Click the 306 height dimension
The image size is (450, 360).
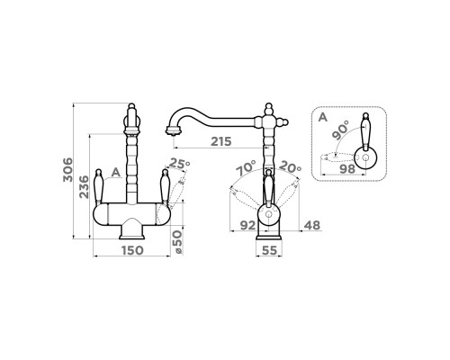tap(67, 169)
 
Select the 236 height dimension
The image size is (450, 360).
tap(84, 187)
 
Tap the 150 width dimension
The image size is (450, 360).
tap(131, 250)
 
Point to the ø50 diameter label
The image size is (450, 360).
tap(177, 242)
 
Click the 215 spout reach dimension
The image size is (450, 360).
tap(221, 141)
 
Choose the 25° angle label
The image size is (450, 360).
tap(180, 163)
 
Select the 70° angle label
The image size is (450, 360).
tap(246, 168)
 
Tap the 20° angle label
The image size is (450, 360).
tap(291, 166)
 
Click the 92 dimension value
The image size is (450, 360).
tap(248, 226)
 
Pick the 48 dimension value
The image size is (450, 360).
tap(312, 225)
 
